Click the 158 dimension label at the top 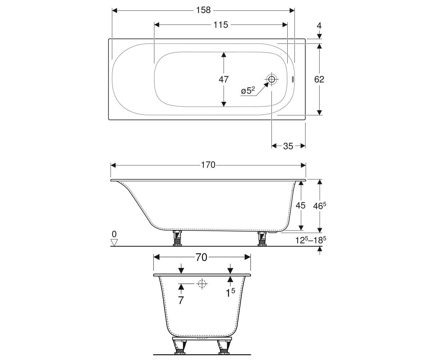coord(203,10)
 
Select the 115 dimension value coord(221,25)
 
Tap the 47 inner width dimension coord(224,80)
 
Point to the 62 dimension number coord(319,80)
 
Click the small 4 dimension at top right coord(319,26)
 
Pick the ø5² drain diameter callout coord(248,90)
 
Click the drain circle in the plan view coord(272,79)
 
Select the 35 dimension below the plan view coord(288,146)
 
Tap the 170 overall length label coord(208,165)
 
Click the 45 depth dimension coord(301,206)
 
